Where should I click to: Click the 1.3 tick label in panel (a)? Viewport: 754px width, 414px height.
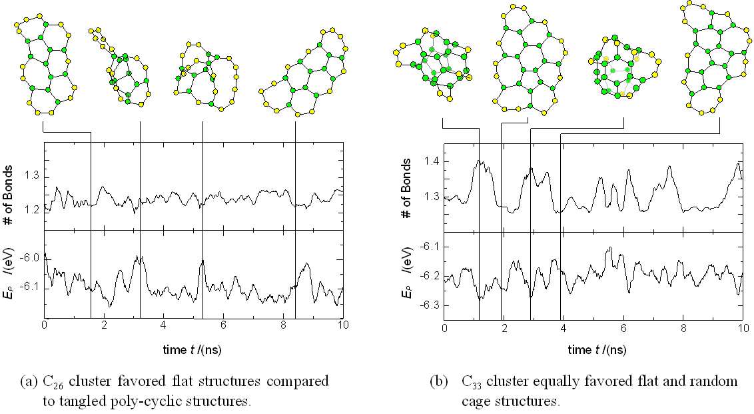point(30,176)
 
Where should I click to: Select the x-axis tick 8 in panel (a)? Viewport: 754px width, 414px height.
point(283,327)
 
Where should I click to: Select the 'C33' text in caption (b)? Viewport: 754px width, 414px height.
point(474,382)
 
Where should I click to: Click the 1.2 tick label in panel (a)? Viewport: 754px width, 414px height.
point(30,209)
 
